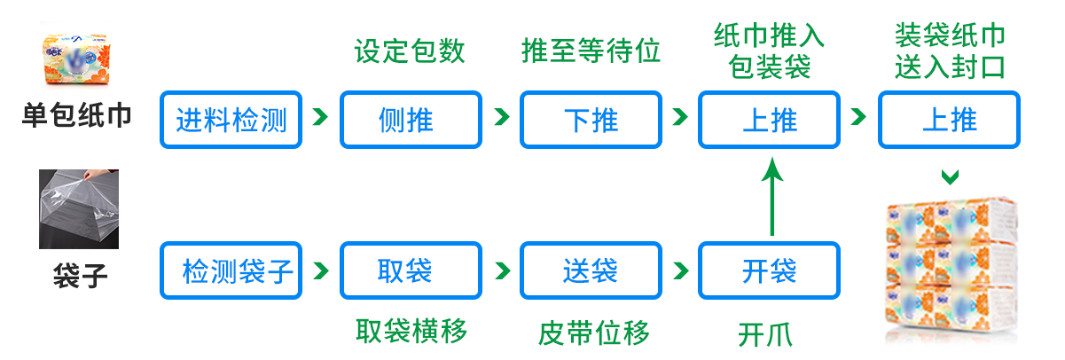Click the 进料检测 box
231,119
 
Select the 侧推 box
411,119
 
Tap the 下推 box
591,119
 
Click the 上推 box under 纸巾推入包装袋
769,119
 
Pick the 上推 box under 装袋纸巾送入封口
949,119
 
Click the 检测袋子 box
231,270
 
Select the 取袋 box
411,270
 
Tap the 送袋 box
591,270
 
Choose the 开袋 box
769,270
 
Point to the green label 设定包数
410,51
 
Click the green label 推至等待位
591,51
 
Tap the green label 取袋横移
411,332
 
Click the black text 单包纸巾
76,115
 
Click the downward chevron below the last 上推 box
950,177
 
